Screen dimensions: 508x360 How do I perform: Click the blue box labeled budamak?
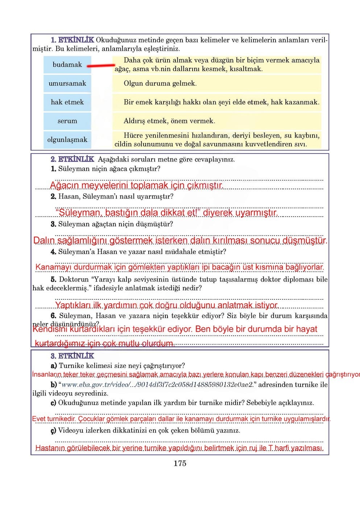67,65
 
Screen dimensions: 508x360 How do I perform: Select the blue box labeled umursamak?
67,83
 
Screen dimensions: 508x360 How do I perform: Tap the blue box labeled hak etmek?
67,102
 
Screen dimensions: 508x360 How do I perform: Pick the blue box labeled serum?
67,121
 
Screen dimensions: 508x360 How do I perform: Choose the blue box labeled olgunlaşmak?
67,140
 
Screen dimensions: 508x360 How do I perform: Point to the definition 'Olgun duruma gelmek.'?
160,83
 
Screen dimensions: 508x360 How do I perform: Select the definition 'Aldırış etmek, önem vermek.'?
169,121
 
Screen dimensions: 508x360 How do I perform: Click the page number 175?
180,463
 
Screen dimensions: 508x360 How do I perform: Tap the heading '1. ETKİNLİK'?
73,40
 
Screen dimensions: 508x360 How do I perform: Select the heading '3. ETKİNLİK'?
73,356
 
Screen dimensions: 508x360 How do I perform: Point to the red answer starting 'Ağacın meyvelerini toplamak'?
136,185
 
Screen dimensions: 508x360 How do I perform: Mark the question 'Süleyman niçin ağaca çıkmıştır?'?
109,169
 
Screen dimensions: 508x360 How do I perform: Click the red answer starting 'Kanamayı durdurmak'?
179,267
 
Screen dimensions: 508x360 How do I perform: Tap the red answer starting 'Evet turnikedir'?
181,419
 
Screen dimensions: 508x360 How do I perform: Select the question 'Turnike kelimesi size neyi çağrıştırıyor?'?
121,366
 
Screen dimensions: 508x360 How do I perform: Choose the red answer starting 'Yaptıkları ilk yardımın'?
166,305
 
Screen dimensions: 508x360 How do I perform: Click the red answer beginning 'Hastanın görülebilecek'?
179,448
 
